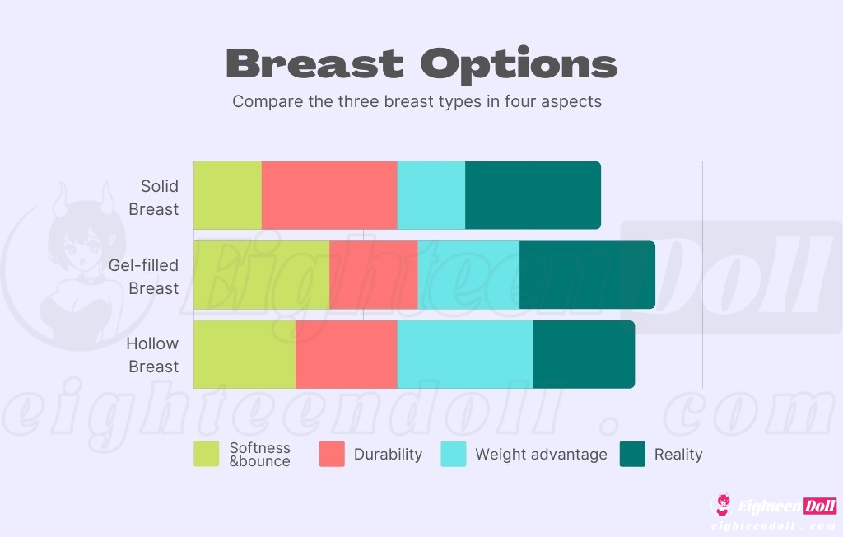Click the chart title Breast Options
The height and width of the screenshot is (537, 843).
[x=421, y=63]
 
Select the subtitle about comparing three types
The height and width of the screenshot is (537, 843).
[x=417, y=102]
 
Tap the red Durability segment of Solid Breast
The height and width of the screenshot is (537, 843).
[x=329, y=195]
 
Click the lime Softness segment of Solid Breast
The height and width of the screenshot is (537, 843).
[x=227, y=195]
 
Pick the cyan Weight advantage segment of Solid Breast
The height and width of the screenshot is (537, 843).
[x=431, y=195]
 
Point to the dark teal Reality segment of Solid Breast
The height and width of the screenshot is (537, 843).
[x=533, y=195]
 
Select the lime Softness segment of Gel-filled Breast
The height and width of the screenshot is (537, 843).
[x=261, y=275]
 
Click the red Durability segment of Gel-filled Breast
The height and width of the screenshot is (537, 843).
[x=373, y=275]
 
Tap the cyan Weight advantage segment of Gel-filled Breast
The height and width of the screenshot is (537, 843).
[x=468, y=275]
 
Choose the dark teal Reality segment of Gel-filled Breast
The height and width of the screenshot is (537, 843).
[x=587, y=275]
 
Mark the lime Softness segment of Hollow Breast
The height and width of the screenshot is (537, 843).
[x=245, y=354]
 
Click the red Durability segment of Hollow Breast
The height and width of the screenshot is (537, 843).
[x=346, y=354]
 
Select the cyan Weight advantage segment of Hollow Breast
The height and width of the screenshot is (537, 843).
[x=465, y=354]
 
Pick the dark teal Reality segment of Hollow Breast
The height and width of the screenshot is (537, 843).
[x=584, y=354]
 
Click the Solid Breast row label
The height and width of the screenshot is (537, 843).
[x=155, y=198]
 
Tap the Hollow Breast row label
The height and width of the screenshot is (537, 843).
[x=155, y=355]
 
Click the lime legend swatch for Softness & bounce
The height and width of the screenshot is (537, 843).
[x=207, y=454]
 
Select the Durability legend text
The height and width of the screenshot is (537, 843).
[x=388, y=454]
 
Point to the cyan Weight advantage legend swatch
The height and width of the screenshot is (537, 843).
[x=454, y=454]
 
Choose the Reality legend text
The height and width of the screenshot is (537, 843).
[x=678, y=454]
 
